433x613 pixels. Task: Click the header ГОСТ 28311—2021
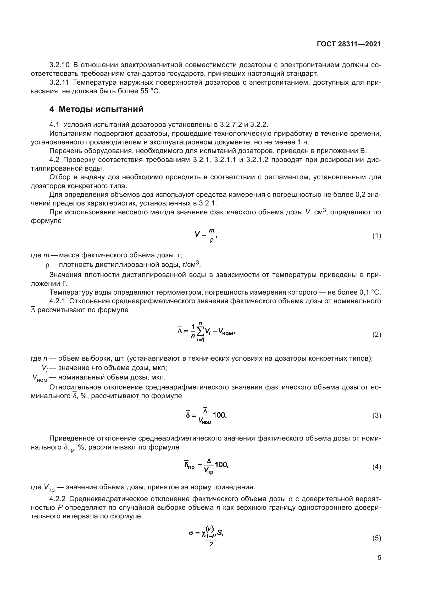[349, 44]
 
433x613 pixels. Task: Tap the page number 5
[379, 558]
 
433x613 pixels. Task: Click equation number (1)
[376, 236]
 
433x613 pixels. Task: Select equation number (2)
[376, 334]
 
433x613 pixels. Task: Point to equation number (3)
[376, 415]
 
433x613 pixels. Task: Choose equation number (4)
[376, 467]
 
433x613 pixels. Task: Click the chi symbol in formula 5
[204, 533]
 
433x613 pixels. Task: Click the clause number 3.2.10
[59, 65]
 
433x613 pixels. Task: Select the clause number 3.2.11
[59, 83]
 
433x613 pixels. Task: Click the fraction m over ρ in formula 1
[212, 235]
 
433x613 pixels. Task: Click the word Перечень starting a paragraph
[66, 151]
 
